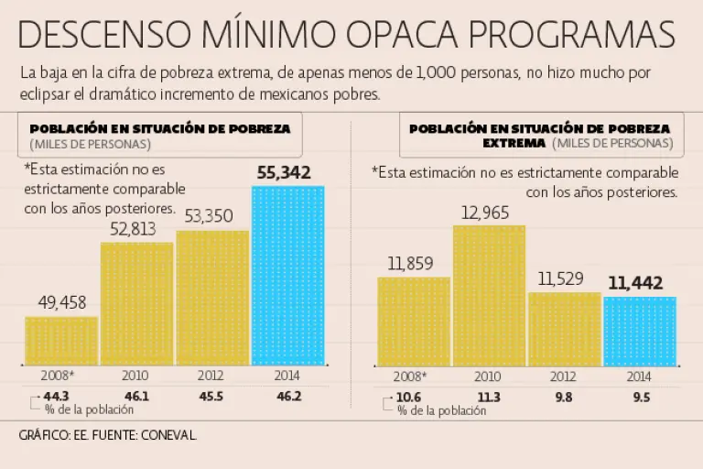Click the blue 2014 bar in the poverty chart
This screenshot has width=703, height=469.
coord(287,275)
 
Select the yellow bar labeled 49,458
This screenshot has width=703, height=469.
coord(61,341)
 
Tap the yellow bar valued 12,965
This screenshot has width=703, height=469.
coord(489,295)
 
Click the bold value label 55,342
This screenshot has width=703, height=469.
coord(284,172)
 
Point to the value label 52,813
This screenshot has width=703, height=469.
coord(137,229)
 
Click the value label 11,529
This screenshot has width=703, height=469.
coord(564,278)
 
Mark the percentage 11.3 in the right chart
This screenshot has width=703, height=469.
coord(489,396)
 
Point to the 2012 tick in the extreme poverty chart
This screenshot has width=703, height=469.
coord(563,376)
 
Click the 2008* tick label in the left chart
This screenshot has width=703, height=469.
coord(58,375)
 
